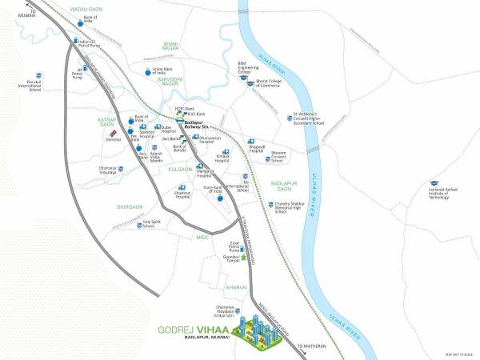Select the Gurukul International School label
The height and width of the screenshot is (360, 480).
pyautogui.click(x=34, y=86)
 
